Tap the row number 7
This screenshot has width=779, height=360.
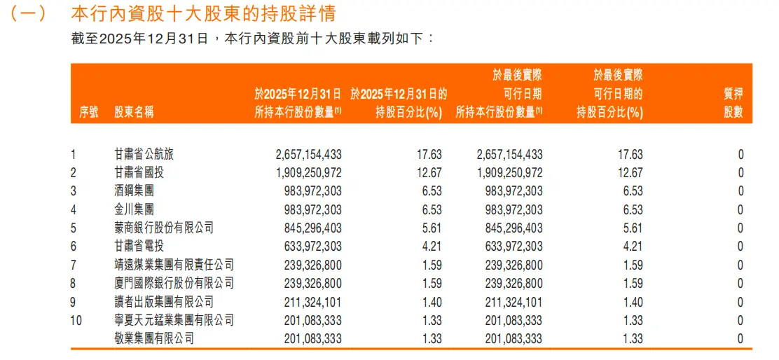[74, 265]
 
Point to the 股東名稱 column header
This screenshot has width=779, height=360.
[133, 112]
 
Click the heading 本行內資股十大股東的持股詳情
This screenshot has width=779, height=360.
[203, 13]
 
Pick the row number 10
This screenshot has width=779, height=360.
[76, 320]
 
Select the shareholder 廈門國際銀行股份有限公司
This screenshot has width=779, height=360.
[173, 283]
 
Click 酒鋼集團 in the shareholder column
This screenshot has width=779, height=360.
[134, 191]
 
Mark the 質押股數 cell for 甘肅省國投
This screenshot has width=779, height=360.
[740, 173]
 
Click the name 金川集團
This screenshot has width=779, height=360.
[134, 209]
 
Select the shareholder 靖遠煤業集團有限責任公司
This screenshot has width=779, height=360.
[173, 265]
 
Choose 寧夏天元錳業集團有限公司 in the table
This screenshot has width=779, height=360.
[173, 320]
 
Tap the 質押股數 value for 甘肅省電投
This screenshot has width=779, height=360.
[740, 247]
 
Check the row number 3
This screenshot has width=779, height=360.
[74, 191]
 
